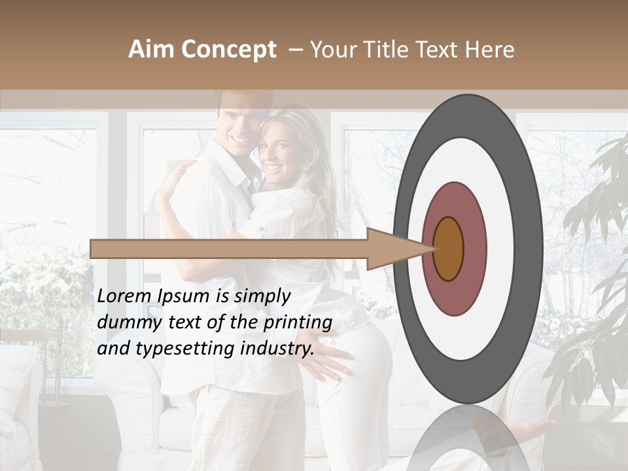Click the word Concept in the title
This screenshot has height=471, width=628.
pos(228,50)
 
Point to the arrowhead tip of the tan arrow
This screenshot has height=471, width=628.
pos(436,249)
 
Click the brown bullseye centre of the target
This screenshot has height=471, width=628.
pos(449,249)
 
